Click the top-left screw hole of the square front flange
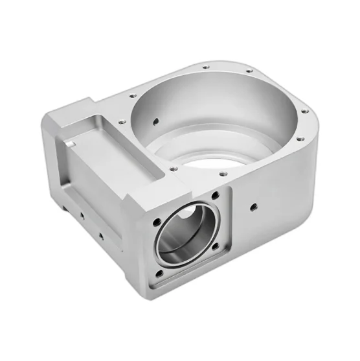pyautogui.click(x=157, y=222)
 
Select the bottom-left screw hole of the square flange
pyautogui.click(x=155, y=275)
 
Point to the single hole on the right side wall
pyautogui.click(x=253, y=207)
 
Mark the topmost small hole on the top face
pyautogui.click(x=205, y=67)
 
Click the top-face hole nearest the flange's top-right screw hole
pyautogui.click(x=221, y=173)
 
